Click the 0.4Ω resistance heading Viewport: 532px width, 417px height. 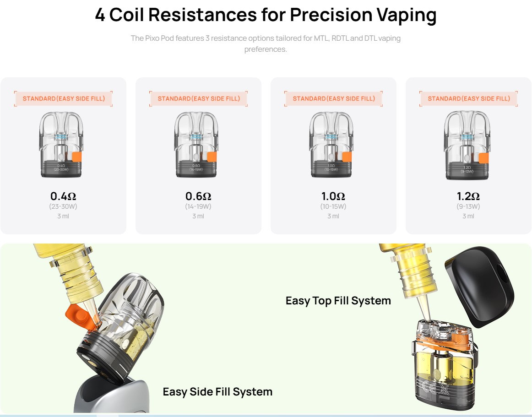tap(63, 196)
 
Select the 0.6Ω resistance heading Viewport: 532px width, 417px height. tap(198, 196)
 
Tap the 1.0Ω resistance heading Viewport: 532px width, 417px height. tap(333, 196)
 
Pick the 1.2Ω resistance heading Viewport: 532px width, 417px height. tap(468, 196)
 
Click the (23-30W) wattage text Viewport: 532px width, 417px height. tap(63, 206)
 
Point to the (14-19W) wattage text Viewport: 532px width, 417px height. tap(198, 206)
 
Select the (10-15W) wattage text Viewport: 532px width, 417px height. tap(333, 206)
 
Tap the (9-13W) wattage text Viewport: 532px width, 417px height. tap(468, 206)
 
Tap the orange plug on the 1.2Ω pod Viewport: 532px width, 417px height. tap(483, 157)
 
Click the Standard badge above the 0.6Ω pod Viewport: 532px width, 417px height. tap(199, 98)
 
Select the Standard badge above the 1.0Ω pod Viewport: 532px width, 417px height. tap(334, 98)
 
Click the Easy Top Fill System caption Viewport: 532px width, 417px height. tap(338, 301)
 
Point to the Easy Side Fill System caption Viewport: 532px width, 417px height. tap(217, 392)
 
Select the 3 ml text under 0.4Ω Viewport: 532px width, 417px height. tap(63, 216)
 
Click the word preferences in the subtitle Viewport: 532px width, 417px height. tap(266, 49)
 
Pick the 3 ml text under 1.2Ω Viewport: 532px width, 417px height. tap(468, 216)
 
